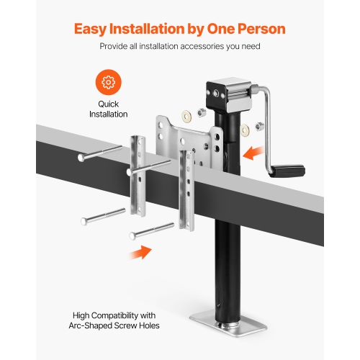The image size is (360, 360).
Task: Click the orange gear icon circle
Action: tap(109, 83)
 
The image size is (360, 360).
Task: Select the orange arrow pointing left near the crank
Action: tap(254, 152)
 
